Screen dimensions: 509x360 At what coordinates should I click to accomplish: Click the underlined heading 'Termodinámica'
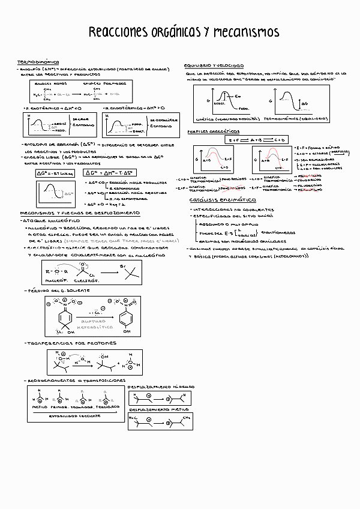point(38,62)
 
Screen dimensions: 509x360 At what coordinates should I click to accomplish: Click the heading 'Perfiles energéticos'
point(213,131)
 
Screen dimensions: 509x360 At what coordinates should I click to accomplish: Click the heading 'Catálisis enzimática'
point(218,199)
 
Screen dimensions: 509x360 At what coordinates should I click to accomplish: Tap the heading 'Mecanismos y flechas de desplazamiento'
point(80,212)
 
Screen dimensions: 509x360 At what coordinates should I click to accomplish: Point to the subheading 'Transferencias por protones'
point(65,343)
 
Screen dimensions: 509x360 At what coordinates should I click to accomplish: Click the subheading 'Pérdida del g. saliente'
point(58,290)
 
